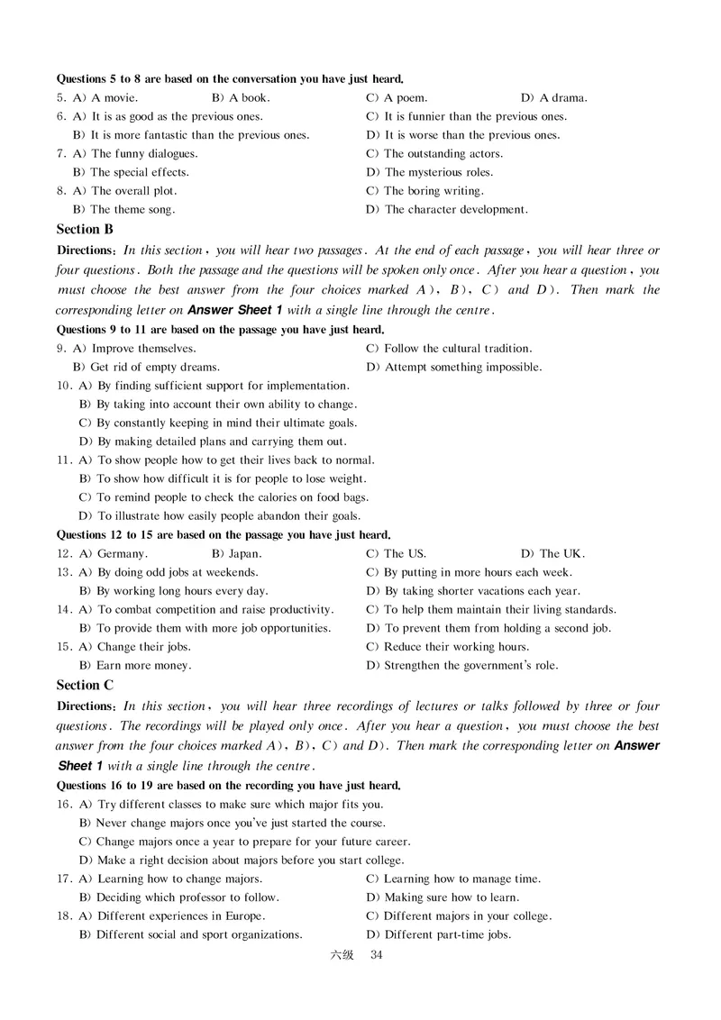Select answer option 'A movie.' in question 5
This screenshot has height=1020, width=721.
click(114, 97)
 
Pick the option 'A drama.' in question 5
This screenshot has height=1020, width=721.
click(563, 97)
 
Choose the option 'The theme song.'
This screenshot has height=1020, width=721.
click(132, 209)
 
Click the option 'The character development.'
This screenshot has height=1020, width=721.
click(455, 209)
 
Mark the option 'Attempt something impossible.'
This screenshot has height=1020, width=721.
click(463, 367)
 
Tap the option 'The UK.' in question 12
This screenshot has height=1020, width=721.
click(562, 553)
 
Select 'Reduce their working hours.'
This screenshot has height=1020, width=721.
click(456, 646)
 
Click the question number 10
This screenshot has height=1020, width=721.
click(64, 385)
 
